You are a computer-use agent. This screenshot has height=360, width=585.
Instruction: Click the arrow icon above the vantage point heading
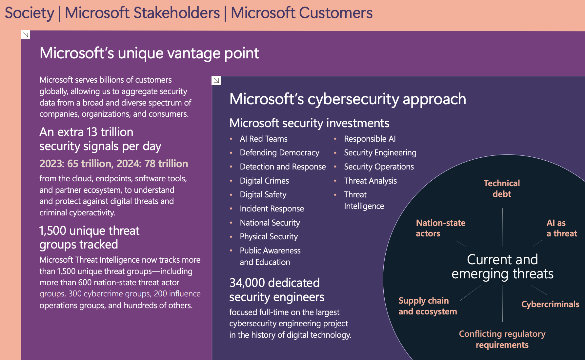[26, 35]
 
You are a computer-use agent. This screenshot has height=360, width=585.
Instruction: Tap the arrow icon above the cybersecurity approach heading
[216, 80]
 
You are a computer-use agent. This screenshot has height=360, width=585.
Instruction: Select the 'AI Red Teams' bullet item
[263, 139]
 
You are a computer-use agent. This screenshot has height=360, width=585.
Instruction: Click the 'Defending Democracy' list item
[279, 153]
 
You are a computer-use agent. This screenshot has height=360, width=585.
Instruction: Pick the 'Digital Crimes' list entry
[264, 181]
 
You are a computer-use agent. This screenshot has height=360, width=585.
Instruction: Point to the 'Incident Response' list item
[272, 209]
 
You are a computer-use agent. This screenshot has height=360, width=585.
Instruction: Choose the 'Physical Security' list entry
[269, 237]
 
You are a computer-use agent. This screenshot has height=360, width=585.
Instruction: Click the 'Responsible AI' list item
[370, 139]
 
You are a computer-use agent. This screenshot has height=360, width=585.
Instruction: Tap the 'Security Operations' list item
[379, 167]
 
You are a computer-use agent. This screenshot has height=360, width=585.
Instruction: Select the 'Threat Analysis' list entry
[370, 181]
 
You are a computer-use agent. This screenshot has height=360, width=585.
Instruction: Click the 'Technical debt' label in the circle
[502, 189]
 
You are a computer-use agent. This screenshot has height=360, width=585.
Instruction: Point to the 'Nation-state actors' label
[440, 228]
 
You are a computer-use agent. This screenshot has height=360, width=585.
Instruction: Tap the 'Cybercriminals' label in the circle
[550, 304]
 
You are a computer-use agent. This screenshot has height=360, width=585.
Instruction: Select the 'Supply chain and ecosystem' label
[427, 306]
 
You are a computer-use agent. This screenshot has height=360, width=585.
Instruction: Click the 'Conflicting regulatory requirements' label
[502, 339]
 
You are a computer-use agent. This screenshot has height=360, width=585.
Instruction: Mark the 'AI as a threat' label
[561, 228]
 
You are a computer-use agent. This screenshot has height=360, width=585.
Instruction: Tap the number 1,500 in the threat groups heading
[53, 231]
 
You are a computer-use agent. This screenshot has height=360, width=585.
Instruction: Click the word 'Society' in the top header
[30, 13]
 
